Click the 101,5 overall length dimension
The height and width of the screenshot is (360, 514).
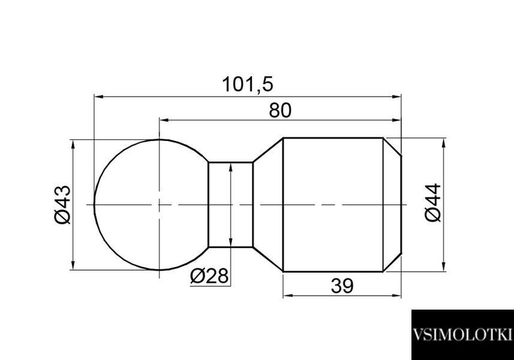point(248,84)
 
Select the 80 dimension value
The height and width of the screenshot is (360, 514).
point(280,110)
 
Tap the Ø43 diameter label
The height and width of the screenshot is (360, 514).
point(62,205)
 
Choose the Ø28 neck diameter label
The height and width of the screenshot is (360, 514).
point(209,276)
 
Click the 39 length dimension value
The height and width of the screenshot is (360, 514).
point(342,286)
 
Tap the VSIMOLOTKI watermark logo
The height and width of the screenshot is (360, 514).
point(462,335)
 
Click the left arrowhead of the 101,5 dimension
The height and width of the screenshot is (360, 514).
point(99,97)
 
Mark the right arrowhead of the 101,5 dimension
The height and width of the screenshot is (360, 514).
point(396,97)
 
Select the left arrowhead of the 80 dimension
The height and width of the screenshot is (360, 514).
point(164,121)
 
